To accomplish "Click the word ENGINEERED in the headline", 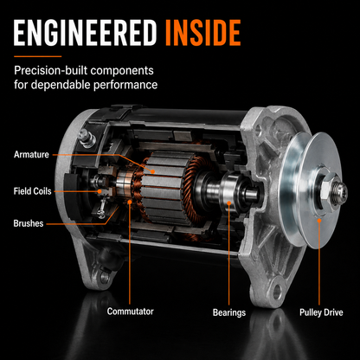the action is pyautogui.click(x=85, y=33).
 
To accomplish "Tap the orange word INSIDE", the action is pyautogui.click(x=203, y=33).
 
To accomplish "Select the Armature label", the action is pyautogui.click(x=31, y=155).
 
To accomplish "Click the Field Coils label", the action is pyautogui.click(x=32, y=191).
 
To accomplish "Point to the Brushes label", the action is pyautogui.click(x=29, y=223).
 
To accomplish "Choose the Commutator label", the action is pyautogui.click(x=130, y=312).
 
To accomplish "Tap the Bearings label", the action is pyautogui.click(x=229, y=312).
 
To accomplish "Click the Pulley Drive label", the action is pyautogui.click(x=321, y=312).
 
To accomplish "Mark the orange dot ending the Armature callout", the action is pyautogui.click(x=152, y=171).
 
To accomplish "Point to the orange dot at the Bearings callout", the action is pyautogui.click(x=229, y=203).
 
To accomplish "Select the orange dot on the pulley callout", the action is pyautogui.click(x=319, y=221).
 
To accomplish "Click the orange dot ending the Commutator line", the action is pyautogui.click(x=130, y=202).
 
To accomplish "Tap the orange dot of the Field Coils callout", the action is pyautogui.click(x=100, y=191).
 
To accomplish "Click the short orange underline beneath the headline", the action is pyautogui.click(x=38, y=56).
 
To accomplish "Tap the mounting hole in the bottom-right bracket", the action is pyautogui.click(x=277, y=290).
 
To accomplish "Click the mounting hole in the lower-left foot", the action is pyautogui.click(x=105, y=278).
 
